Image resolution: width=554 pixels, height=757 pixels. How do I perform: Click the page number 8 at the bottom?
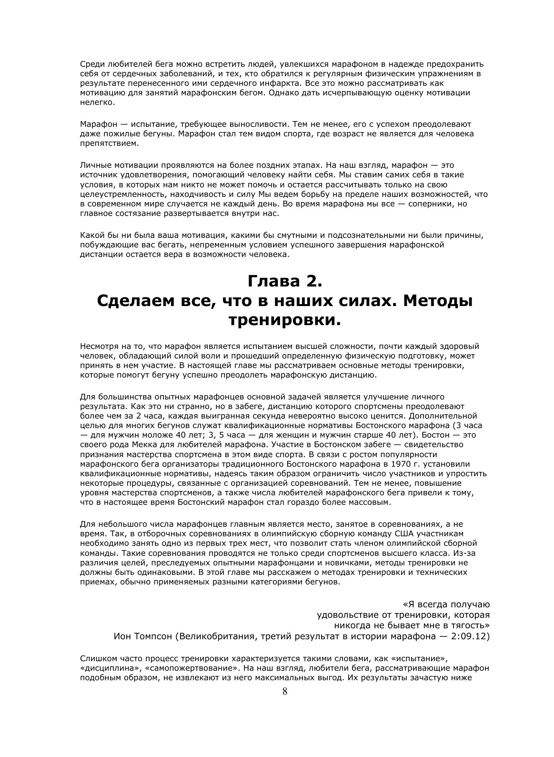(285, 692)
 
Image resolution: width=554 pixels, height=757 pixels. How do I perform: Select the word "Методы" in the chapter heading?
(439, 301)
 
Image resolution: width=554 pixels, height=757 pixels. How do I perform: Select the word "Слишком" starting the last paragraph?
(97, 658)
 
